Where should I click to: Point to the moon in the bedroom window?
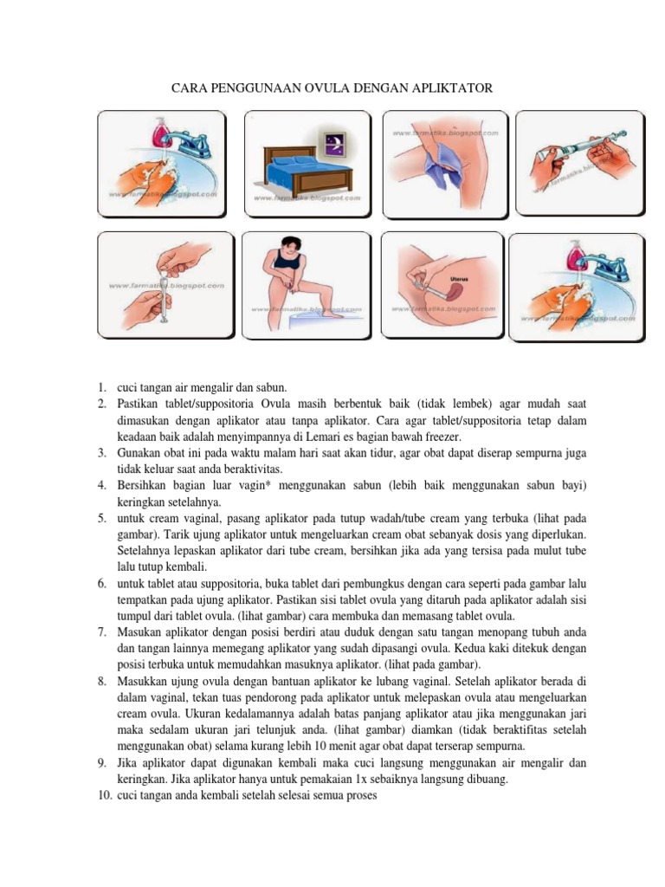pyautogui.click(x=333, y=137)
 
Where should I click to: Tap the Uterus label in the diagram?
pyautogui.click(x=459, y=280)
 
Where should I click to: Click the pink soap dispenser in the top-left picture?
pyautogui.click(x=160, y=131)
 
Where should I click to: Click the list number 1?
pyautogui.click(x=101, y=387)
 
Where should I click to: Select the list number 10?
pyautogui.click(x=104, y=796)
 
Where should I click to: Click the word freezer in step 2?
pyautogui.click(x=444, y=437)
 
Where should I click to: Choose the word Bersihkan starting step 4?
pyautogui.click(x=144, y=485)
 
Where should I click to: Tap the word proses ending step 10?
pyautogui.click(x=358, y=796)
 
